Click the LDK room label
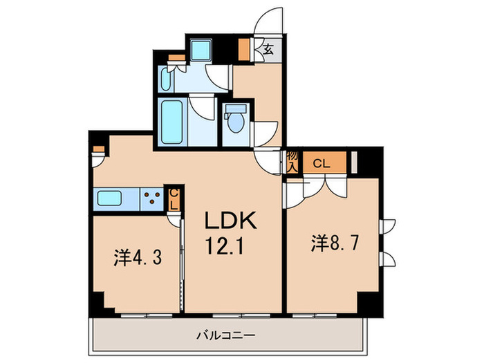(x=231, y=222)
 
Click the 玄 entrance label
(x=267, y=48)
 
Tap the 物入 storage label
(x=292, y=163)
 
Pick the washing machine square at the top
(x=202, y=50)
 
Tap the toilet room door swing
(x=266, y=131)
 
